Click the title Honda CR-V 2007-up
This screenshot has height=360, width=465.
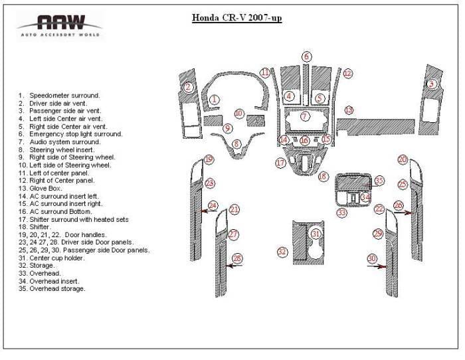point(236,18)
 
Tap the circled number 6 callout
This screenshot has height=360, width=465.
point(307,56)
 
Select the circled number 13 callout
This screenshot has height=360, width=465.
point(349,110)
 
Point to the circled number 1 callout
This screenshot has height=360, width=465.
point(214,100)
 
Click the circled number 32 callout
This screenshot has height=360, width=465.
point(282,252)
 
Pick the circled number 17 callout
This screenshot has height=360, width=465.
point(280,163)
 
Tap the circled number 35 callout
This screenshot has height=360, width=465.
point(379,181)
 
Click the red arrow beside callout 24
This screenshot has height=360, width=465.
point(209,211)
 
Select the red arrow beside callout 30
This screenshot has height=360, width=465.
point(377,266)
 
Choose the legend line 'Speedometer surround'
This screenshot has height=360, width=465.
point(59,96)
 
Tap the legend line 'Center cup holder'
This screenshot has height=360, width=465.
point(52,258)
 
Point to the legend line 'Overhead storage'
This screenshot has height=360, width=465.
point(52,288)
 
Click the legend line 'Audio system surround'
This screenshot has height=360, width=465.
point(60,142)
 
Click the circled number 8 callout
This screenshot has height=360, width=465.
point(236,144)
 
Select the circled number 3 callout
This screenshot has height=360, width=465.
point(432,84)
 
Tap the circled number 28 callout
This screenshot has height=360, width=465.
point(237,258)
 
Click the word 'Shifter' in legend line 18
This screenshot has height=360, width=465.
point(39,227)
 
